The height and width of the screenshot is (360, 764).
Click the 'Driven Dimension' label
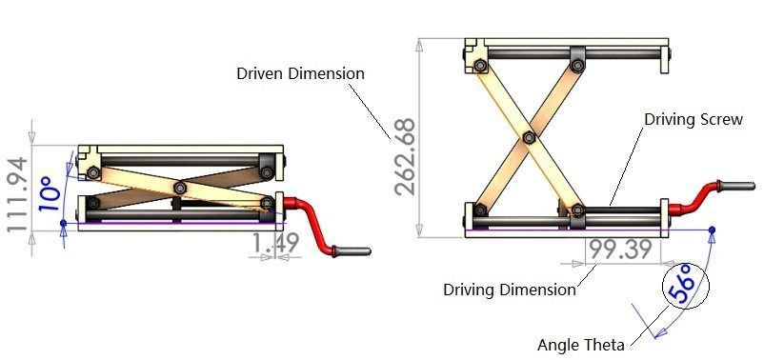click(x=300, y=73)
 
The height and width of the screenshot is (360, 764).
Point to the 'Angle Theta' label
click(x=581, y=345)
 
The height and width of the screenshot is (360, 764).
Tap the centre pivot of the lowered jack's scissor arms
click(x=178, y=188)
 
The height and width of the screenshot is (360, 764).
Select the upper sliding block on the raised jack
click(x=578, y=59)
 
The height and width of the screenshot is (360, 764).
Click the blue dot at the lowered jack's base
click(x=63, y=225)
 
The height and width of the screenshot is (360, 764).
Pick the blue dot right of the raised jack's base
click(x=713, y=230)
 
